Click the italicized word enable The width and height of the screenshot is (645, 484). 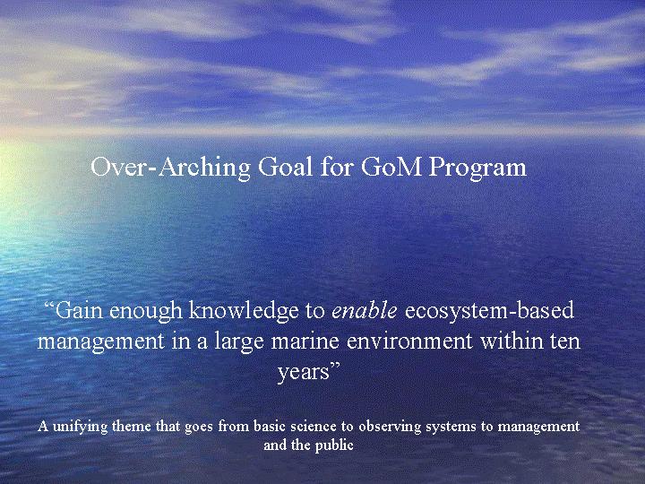[x=365, y=310]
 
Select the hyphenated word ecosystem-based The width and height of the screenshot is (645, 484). [x=489, y=311]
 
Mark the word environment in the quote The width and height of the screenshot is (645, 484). [x=410, y=341]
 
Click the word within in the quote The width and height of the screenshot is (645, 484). [x=512, y=341]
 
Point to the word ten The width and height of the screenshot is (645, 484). [x=565, y=341]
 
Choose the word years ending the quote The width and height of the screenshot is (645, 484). [x=305, y=373]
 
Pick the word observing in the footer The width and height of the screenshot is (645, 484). [x=390, y=428]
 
